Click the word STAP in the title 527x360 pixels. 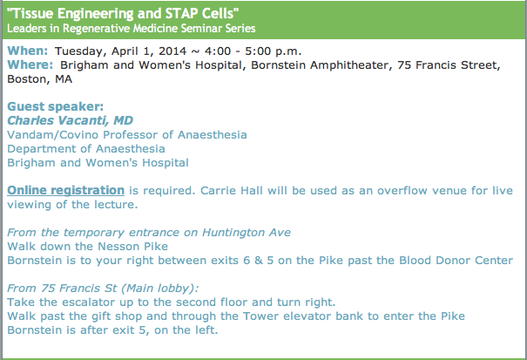182,13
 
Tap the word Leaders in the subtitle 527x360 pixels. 27,28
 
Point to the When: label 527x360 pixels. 28,51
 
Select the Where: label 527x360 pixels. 30,65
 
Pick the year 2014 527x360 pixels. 172,51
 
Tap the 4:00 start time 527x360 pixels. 218,51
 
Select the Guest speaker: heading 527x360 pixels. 56,106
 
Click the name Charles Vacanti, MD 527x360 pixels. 71,120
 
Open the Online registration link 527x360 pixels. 66,190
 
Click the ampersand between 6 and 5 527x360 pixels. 259,261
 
